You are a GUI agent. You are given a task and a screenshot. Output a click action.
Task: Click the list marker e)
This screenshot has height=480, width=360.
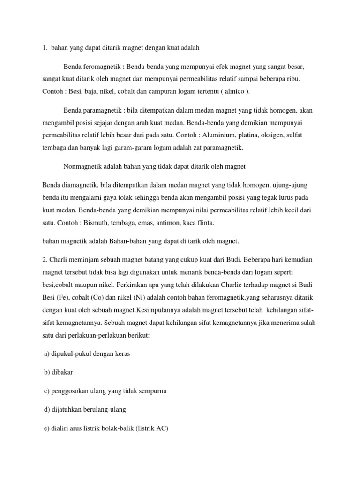click(46, 428)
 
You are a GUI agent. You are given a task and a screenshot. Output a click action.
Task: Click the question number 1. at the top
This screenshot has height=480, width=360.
click(44, 48)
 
